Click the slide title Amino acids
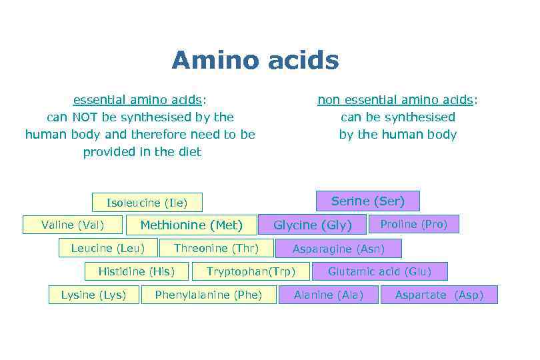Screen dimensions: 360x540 click(255, 61)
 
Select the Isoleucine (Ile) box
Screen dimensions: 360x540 click(147, 203)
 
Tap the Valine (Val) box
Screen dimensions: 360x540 click(73, 225)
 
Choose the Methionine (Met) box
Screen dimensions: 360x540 click(191, 225)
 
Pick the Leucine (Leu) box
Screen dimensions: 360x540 click(107, 248)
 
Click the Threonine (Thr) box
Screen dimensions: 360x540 click(216, 248)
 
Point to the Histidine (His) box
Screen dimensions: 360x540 click(136, 271)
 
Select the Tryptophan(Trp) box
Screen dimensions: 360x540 click(250, 271)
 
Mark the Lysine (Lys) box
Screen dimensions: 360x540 click(93, 295)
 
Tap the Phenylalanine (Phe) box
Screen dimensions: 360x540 click(209, 295)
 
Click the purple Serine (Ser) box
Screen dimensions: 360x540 click(367, 201)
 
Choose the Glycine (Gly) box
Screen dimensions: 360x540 click(313, 225)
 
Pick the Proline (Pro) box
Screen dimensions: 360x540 click(413, 224)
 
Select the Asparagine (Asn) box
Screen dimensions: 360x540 click(339, 249)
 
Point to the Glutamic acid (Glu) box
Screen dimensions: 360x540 click(379, 271)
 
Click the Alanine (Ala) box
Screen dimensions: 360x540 click(329, 295)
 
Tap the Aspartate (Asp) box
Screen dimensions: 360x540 click(439, 295)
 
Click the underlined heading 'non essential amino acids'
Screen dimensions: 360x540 click(396, 100)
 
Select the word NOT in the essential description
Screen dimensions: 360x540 click(86, 117)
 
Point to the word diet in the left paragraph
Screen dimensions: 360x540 click(187, 152)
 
